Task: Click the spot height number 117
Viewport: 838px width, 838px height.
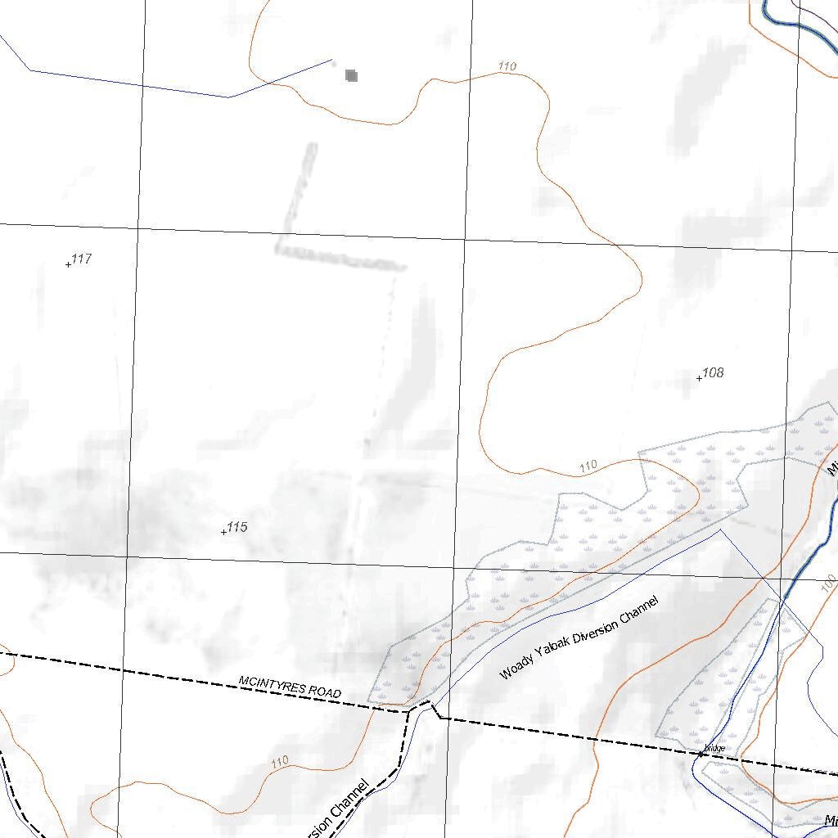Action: click(82, 259)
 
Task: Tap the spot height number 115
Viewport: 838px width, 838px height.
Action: click(237, 527)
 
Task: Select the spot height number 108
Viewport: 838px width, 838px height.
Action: click(714, 373)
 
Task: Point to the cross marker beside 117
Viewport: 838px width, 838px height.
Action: click(68, 264)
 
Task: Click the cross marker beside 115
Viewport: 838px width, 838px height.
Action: click(223, 532)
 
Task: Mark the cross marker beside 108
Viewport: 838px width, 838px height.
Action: click(699, 378)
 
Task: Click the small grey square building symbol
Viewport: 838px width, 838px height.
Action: click(352, 76)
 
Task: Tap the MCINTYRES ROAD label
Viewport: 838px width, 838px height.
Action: click(290, 687)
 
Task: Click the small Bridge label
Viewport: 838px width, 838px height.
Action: click(714, 748)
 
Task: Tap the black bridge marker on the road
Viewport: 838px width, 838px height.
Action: click(701, 754)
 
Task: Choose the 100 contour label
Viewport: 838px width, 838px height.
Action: click(828, 583)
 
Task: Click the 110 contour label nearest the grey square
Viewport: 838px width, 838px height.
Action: click(507, 66)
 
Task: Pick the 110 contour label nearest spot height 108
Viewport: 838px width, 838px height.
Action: click(588, 466)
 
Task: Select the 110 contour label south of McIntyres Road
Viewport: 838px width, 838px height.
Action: click(280, 762)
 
